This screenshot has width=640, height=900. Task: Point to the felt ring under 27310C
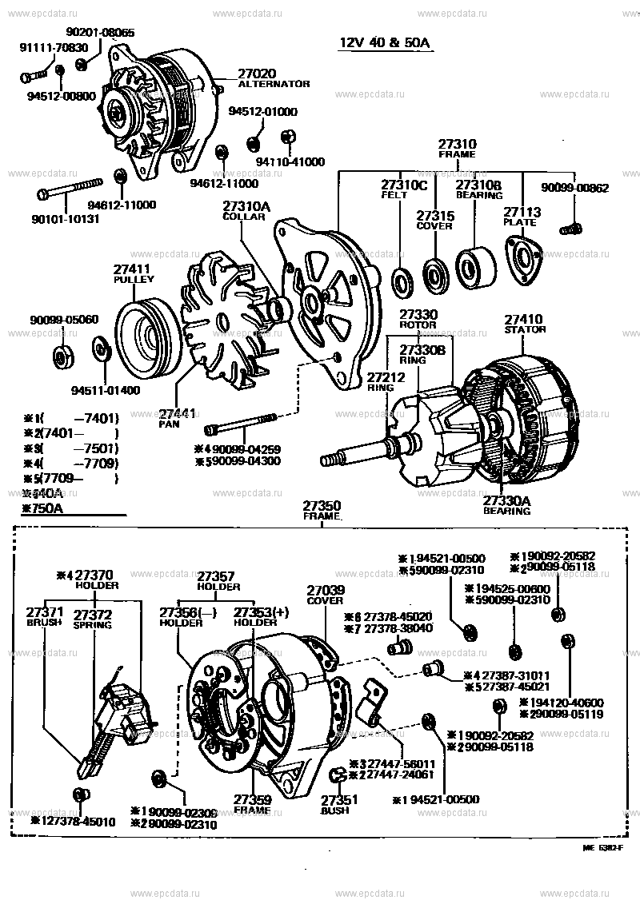click(x=401, y=281)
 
